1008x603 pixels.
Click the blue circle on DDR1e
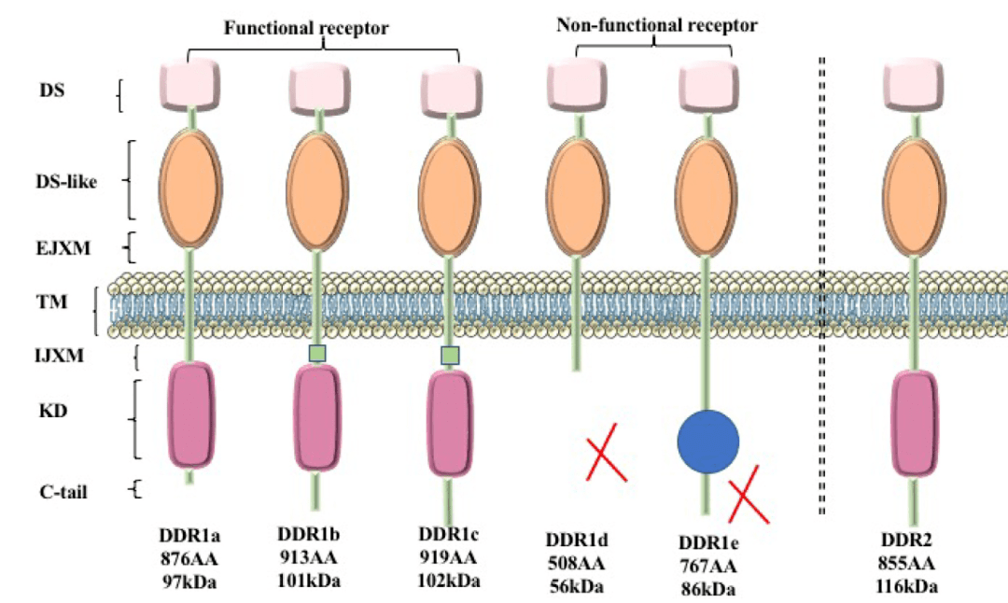click(x=707, y=439)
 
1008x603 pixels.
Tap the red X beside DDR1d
click(x=606, y=452)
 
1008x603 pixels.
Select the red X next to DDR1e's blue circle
click(x=749, y=494)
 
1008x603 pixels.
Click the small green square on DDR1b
click(x=317, y=352)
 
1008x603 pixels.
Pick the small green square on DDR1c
click(x=450, y=355)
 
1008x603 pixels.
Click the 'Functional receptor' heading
click(x=306, y=28)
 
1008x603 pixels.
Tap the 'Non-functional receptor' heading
click(x=656, y=25)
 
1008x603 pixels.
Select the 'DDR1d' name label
click(x=577, y=542)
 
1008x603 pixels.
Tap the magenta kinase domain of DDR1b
click(x=317, y=417)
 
